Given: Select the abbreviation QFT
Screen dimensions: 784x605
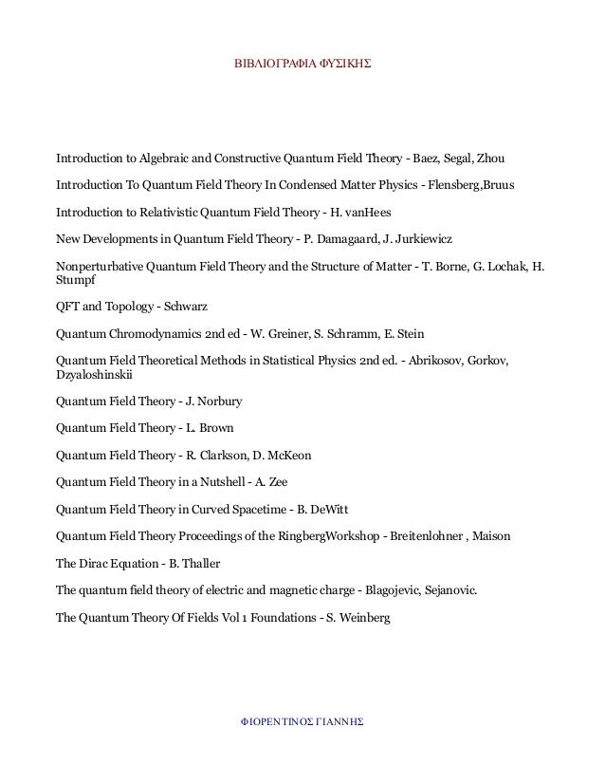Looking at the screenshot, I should click(x=69, y=307).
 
